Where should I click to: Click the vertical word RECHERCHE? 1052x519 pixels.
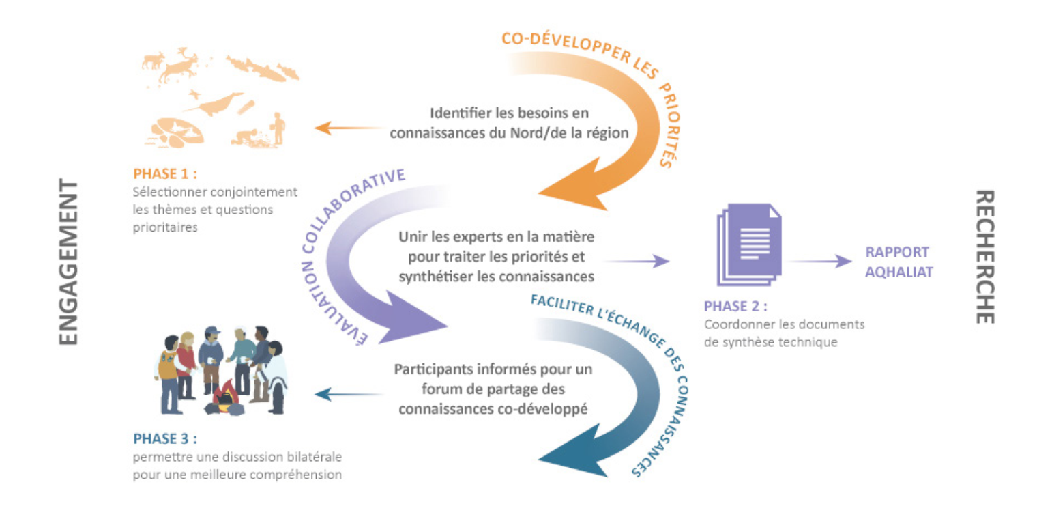pyautogui.click(x=984, y=257)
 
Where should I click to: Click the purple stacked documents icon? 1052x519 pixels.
pyautogui.click(x=747, y=243)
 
